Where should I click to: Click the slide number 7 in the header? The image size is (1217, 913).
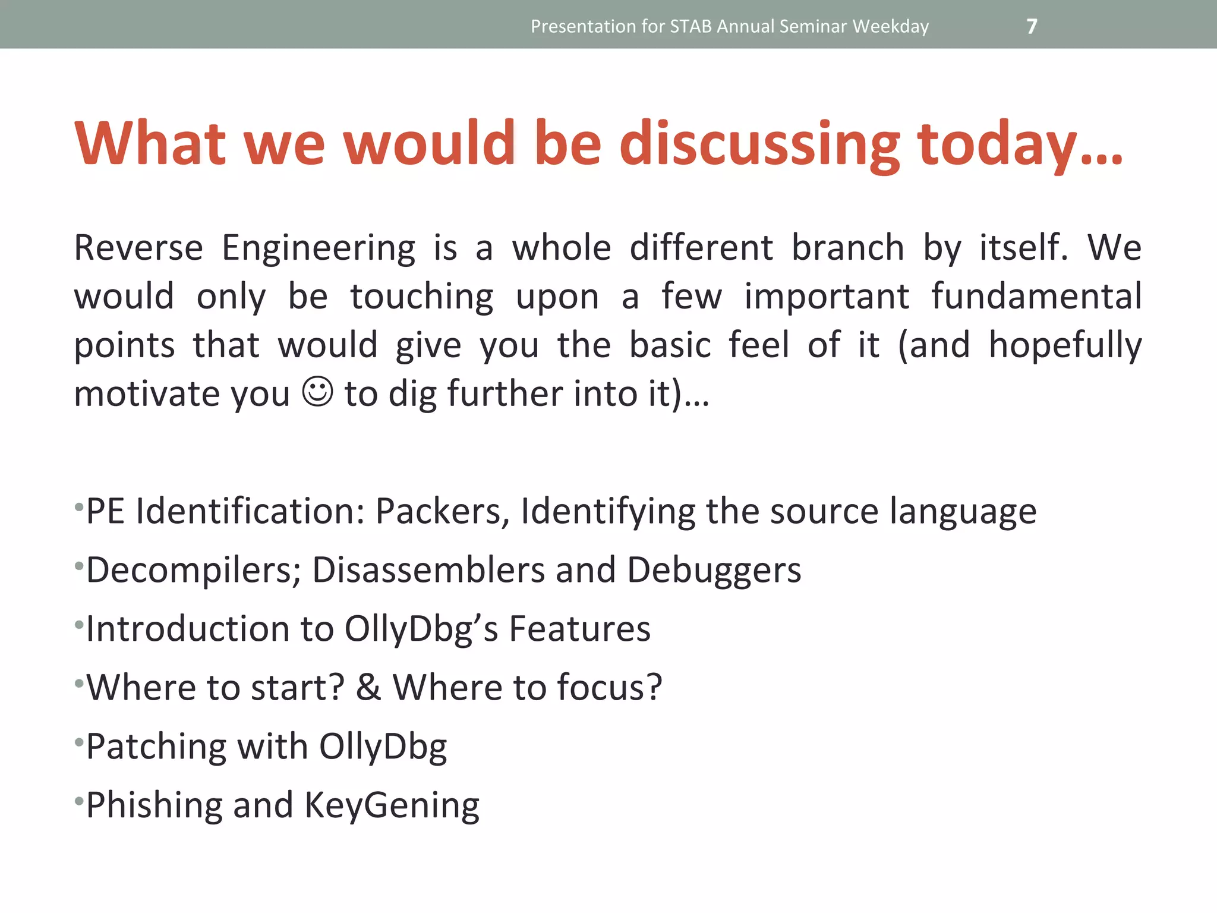(x=1032, y=26)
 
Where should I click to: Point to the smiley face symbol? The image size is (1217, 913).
(x=318, y=392)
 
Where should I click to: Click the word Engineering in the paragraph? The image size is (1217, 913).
(x=318, y=248)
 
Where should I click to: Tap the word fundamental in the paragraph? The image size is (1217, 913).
(x=1036, y=296)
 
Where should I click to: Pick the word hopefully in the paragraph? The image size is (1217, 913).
(x=1065, y=345)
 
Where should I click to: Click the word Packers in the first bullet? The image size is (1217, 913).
(x=442, y=511)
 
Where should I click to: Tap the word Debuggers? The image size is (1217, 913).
(x=714, y=569)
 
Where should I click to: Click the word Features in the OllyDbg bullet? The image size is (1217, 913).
(x=579, y=629)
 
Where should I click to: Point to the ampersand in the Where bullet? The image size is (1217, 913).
(x=368, y=687)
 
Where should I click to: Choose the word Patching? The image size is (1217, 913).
(x=156, y=747)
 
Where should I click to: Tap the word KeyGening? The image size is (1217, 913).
(x=392, y=806)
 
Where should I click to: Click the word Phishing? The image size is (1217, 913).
(x=154, y=806)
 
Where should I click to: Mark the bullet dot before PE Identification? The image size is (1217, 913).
(x=78, y=507)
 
